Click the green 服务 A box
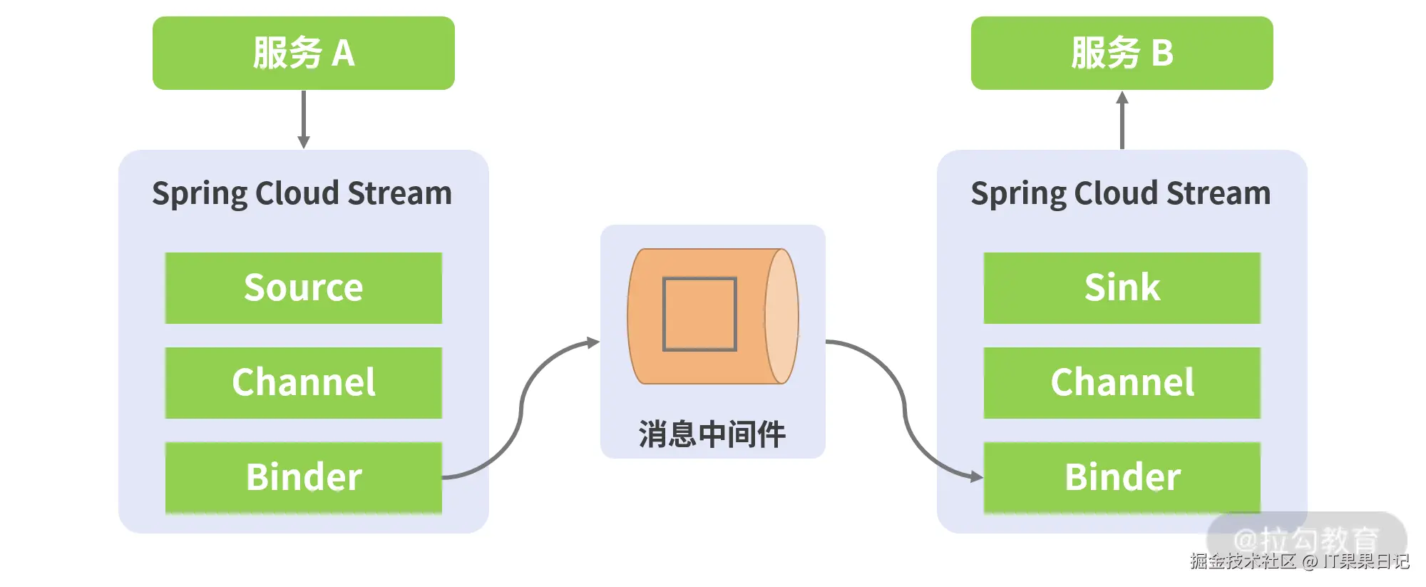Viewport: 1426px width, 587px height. point(303,53)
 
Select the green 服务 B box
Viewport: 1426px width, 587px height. point(1122,53)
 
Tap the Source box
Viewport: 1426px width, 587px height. point(303,287)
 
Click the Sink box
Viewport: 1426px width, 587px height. point(1122,287)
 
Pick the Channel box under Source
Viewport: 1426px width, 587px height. point(303,382)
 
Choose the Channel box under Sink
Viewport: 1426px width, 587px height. point(1122,382)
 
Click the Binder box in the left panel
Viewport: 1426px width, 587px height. point(303,476)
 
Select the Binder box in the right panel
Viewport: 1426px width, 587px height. point(1122,476)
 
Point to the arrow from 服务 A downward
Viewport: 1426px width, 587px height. point(303,118)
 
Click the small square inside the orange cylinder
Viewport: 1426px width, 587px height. point(699,314)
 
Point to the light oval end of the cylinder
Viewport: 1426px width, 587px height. point(782,316)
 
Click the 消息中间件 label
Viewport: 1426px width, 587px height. point(712,434)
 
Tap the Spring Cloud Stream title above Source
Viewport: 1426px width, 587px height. point(302,193)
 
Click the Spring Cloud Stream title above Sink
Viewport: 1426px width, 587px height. point(1121,193)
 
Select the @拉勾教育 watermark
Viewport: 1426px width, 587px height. point(1306,538)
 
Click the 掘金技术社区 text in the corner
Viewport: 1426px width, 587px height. point(1243,562)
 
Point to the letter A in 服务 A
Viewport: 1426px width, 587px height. point(343,53)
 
